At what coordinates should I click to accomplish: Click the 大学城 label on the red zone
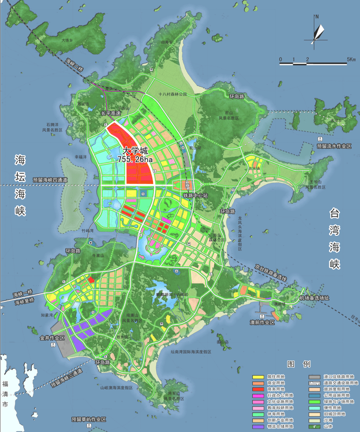pos(135,151)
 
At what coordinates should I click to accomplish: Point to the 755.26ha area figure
pos(135,159)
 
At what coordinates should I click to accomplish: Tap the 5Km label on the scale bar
pos(351,59)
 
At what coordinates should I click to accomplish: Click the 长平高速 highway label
pos(111,113)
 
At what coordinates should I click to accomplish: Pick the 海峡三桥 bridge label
pos(74,65)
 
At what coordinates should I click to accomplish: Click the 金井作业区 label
pos(52,337)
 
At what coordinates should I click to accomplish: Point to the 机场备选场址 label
pos(314,298)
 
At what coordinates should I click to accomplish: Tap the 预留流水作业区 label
pos(334,146)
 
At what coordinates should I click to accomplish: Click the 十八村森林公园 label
pos(173,95)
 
